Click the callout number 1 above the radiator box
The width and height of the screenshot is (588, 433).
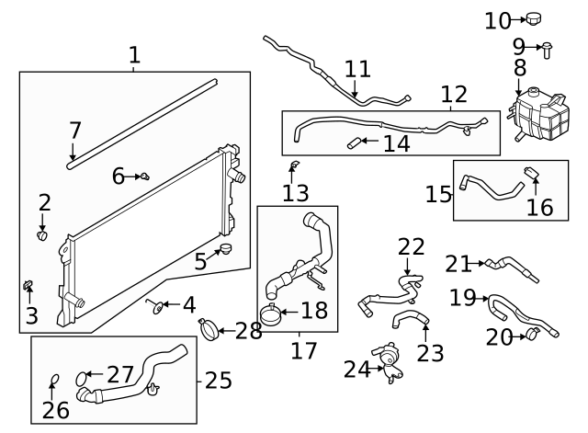[x=134, y=54]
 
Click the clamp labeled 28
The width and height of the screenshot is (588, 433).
[x=209, y=326]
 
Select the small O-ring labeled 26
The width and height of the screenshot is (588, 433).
[x=53, y=379]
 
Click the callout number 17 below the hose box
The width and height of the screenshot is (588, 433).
[x=303, y=350]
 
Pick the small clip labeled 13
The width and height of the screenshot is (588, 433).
[x=293, y=165]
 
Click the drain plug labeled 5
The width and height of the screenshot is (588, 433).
[x=225, y=249]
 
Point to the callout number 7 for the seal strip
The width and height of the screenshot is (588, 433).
[x=75, y=131]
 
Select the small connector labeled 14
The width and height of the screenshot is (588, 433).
[x=355, y=142]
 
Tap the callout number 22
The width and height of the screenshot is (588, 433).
[x=412, y=246]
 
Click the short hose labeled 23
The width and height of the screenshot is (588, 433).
[x=412, y=319]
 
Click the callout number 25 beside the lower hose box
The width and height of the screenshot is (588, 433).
[x=218, y=380]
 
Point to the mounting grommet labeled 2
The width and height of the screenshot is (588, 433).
[x=42, y=235]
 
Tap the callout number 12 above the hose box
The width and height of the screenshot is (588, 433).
[x=454, y=94]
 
